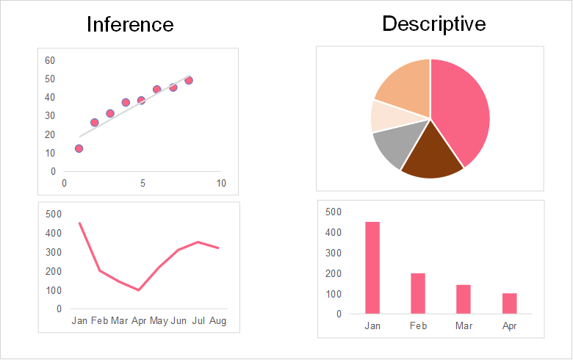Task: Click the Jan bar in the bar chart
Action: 372,267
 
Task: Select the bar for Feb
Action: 418,293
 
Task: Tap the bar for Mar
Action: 464,299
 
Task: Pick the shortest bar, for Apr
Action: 509,303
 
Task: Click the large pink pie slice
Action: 463,110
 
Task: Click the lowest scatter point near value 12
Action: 79,148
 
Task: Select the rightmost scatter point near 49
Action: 189,80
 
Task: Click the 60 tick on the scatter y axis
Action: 50,60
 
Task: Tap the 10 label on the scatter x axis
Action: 221,183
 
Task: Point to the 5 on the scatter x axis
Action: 143,183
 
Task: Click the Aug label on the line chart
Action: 217,321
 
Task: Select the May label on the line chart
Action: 159,321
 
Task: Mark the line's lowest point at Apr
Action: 139,289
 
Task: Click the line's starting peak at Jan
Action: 79,223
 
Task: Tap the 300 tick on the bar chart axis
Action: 334,253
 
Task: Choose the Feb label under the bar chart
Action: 418,326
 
